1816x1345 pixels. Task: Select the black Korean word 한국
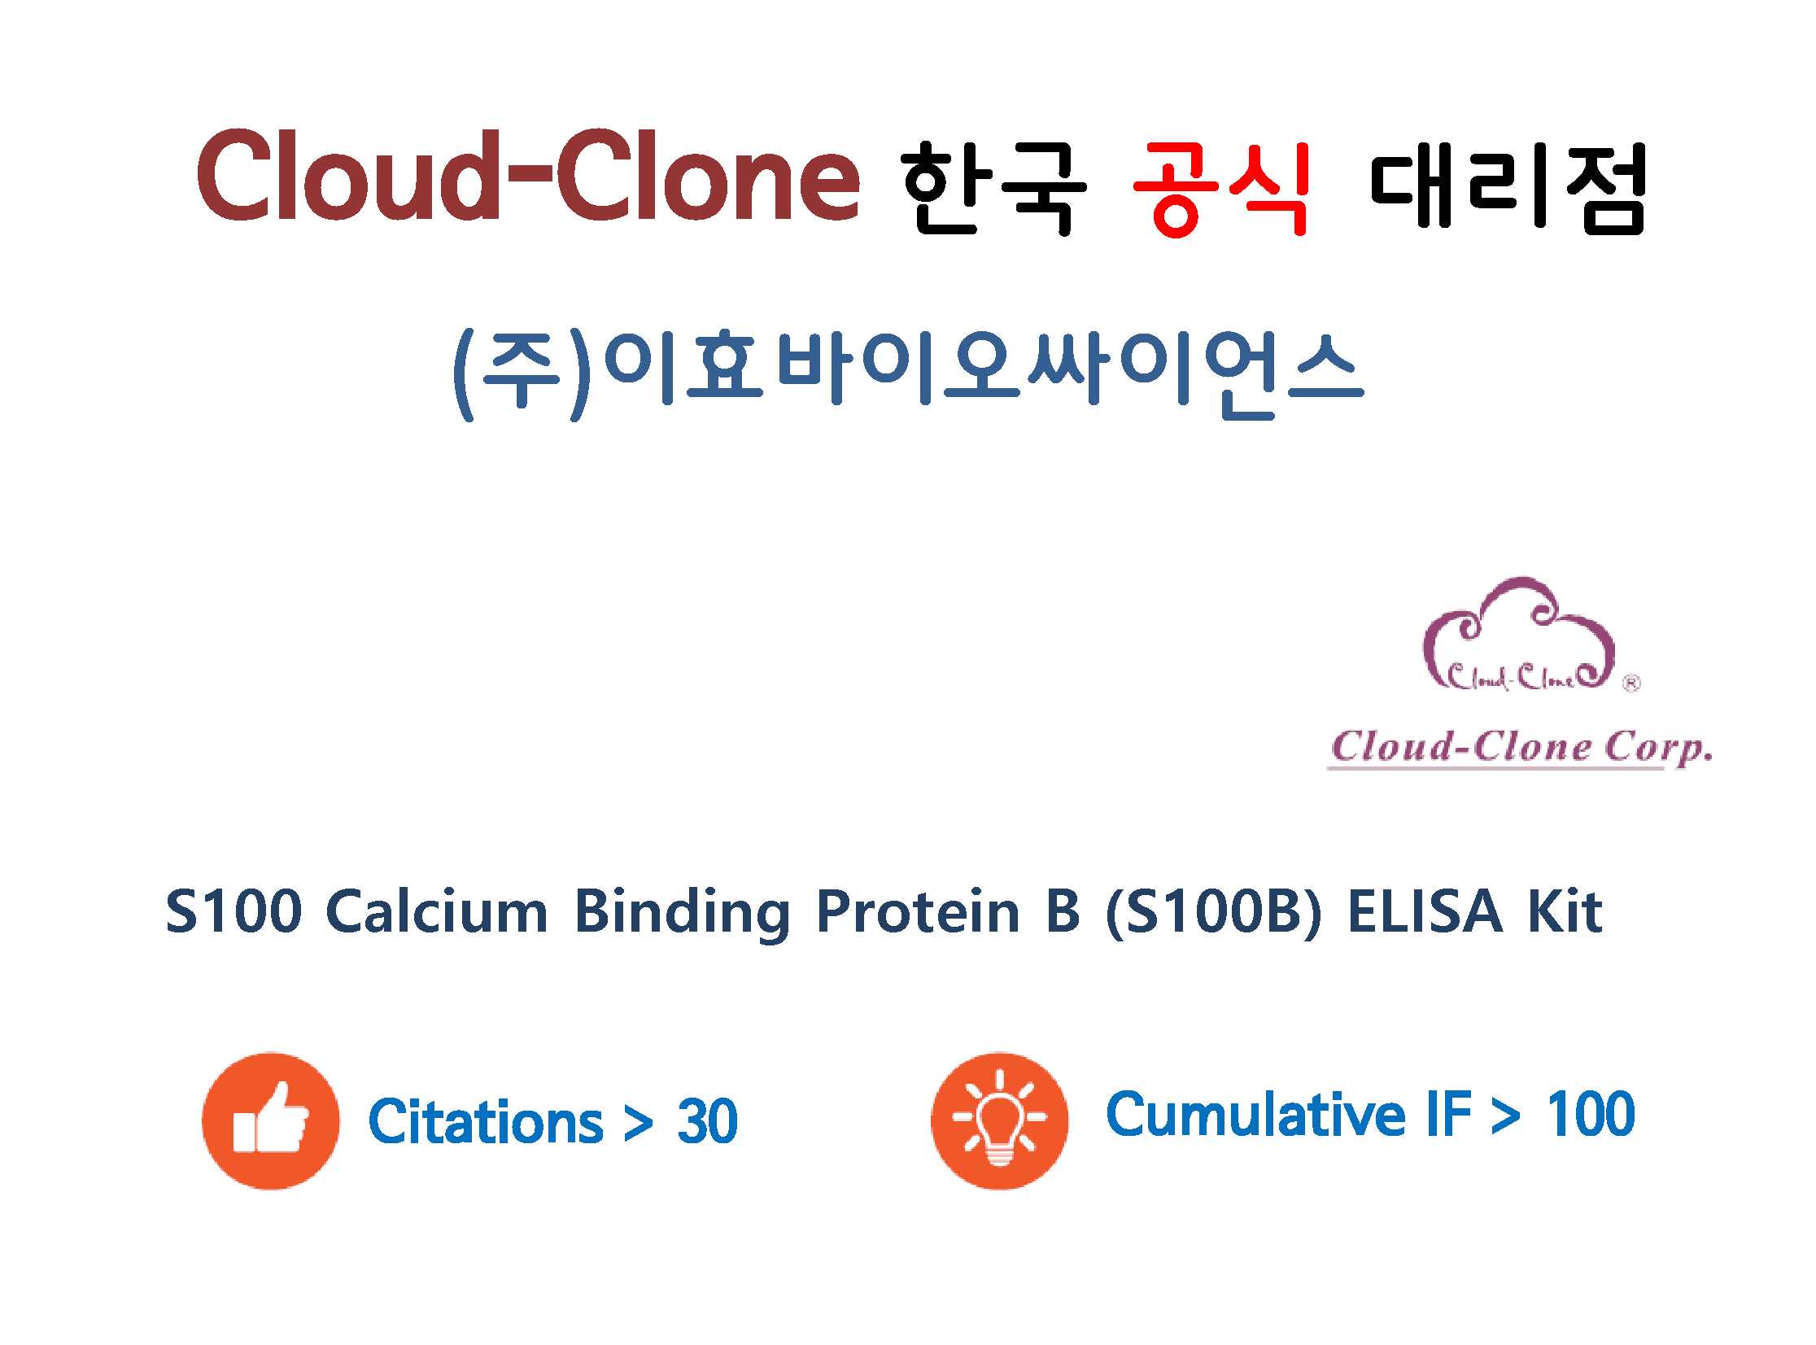[993, 188]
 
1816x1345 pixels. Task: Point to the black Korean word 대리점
[1508, 188]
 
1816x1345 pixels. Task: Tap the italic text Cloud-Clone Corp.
[1521, 748]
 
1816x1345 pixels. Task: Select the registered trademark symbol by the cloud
[1631, 684]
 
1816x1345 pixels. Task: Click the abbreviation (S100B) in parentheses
[1213, 912]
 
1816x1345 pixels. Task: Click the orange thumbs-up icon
[270, 1121]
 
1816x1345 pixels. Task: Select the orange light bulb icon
[1000, 1121]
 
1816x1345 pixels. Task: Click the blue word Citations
[485, 1122]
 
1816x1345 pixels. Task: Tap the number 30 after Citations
[707, 1122]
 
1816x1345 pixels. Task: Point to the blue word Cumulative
[1255, 1114]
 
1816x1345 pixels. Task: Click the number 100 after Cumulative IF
[1591, 1114]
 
